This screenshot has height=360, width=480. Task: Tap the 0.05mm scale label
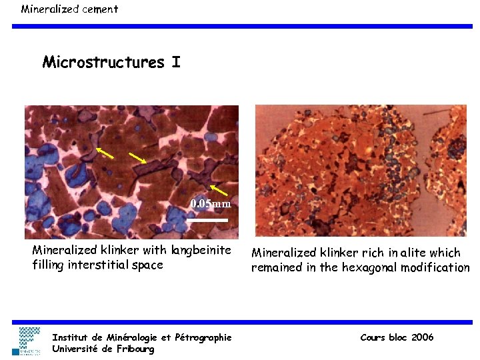(210, 203)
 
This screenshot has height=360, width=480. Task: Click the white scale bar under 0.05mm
(207, 219)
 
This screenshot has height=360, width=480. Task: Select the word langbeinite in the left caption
(201, 251)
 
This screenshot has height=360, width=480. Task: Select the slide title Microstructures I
(111, 63)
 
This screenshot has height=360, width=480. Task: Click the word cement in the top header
(98, 9)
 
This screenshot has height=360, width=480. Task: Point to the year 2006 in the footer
(422, 337)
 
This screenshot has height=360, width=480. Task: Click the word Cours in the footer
(373, 337)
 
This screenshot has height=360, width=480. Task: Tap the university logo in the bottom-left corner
(30, 340)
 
